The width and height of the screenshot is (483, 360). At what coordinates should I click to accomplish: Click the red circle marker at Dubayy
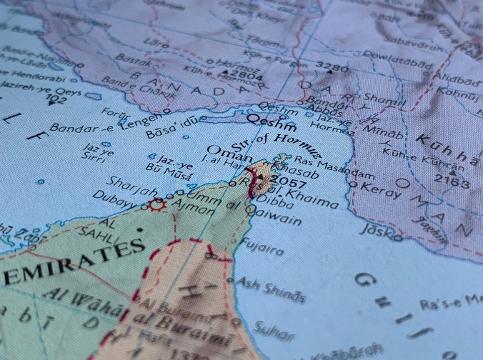pos(156,205)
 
